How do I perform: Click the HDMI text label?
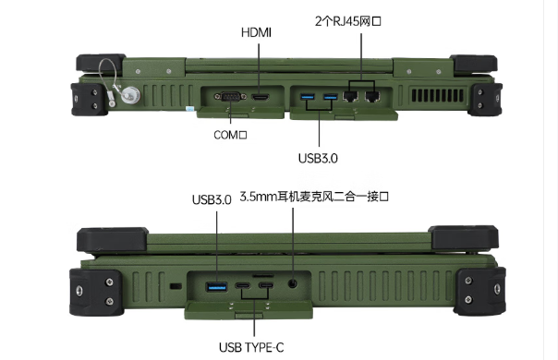pyautogui.click(x=256, y=32)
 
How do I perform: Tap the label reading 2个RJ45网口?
pyautogui.click(x=348, y=21)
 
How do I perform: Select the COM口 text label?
pyautogui.click(x=230, y=135)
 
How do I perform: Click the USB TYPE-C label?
pyautogui.click(x=251, y=348)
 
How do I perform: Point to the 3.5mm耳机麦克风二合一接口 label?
pyautogui.click(x=314, y=197)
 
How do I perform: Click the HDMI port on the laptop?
pyautogui.click(x=261, y=97)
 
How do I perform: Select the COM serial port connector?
pyautogui.click(x=230, y=96)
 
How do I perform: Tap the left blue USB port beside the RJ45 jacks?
pyautogui.click(x=308, y=96)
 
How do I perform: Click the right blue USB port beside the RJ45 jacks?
pyautogui.click(x=330, y=96)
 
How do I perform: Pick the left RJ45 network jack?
pyautogui.click(x=350, y=96)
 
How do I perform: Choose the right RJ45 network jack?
pyautogui.click(x=372, y=96)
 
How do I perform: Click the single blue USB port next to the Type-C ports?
pyautogui.click(x=217, y=286)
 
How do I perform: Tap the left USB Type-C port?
pyautogui.click(x=242, y=285)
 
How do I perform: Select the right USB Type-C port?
pyautogui.click(x=266, y=285)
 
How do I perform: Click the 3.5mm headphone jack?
pyautogui.click(x=293, y=283)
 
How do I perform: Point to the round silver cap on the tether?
pyautogui.click(x=130, y=95)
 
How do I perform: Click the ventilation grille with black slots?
pyautogui.click(x=438, y=95)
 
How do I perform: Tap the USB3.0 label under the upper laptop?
pyautogui.click(x=318, y=159)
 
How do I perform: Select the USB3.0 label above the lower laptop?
pyautogui.click(x=212, y=200)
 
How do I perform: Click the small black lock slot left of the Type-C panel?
pyautogui.click(x=176, y=286)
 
